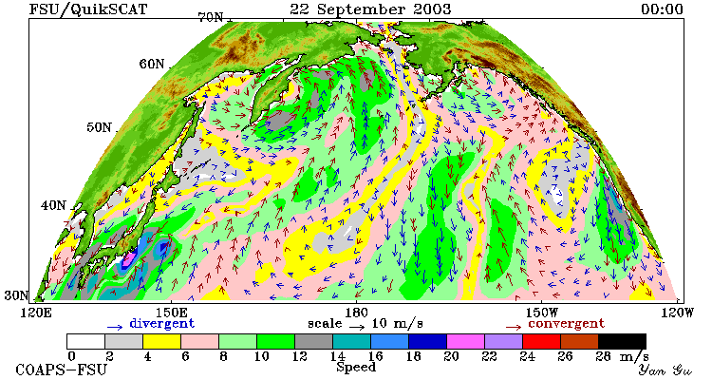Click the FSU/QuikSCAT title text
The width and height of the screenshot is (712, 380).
tap(88, 9)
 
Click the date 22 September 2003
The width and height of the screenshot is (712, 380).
tap(370, 9)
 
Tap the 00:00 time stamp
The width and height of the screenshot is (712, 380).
tap(662, 9)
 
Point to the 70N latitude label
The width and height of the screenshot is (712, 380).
tap(210, 18)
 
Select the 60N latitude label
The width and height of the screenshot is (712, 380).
tap(152, 64)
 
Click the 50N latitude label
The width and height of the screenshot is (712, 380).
tap(99, 127)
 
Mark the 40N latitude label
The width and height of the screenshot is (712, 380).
tap(53, 205)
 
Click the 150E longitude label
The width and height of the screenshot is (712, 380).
tap(171, 313)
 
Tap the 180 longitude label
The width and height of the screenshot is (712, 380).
tap(356, 313)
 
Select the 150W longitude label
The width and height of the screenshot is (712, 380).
tap(542, 313)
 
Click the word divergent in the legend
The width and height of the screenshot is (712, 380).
tap(162, 324)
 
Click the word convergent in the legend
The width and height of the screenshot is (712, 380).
tap(566, 324)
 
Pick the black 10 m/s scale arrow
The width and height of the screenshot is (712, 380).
tap(357, 326)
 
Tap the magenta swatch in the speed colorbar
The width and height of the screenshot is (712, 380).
tap(465, 341)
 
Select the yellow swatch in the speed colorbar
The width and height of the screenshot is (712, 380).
tap(161, 341)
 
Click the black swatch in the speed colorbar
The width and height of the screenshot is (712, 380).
tap(622, 341)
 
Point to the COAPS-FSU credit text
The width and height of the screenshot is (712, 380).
tap(62, 370)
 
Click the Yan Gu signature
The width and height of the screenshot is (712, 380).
tap(665, 370)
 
